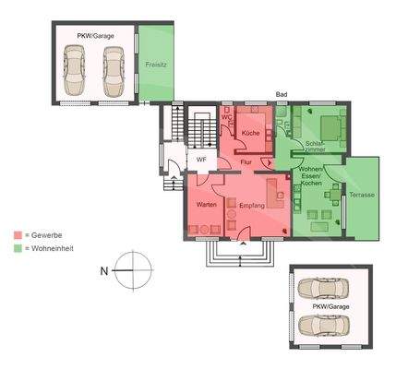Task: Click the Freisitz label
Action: click(x=155, y=65)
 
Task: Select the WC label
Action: click(x=226, y=117)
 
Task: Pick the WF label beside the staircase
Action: click(x=200, y=159)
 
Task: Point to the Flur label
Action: click(x=246, y=162)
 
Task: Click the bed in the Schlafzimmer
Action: click(x=330, y=126)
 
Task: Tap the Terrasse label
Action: click(x=361, y=196)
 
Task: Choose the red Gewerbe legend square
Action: click(x=18, y=236)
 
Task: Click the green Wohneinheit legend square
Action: click(x=18, y=248)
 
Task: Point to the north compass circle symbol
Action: click(x=133, y=270)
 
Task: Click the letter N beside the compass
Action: click(x=103, y=270)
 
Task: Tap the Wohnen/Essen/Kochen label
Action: click(x=309, y=177)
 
